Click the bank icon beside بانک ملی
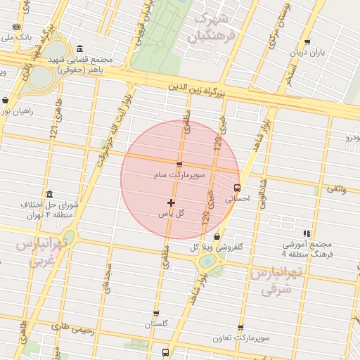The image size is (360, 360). [x=17, y=27]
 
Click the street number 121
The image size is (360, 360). [x=53, y=129]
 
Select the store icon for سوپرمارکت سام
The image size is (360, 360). [x=179, y=165]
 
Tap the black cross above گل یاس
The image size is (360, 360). [x=172, y=203]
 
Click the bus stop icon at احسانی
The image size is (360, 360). [x=237, y=188]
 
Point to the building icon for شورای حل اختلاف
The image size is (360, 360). [x=49, y=194]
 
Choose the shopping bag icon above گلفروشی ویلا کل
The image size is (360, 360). [x=216, y=236]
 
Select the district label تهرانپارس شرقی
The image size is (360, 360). [x=275, y=279]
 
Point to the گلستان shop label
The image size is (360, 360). [x=158, y=324]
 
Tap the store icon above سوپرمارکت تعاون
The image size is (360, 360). [x=241, y=328]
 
